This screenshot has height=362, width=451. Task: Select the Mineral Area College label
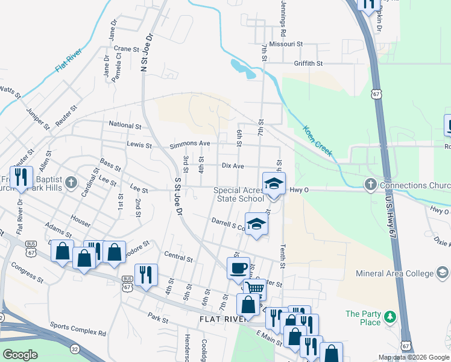402,273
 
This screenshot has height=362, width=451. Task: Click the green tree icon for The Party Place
389,316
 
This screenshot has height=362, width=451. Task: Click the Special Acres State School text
239,194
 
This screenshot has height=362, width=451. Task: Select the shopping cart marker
255,289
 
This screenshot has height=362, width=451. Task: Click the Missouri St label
286,44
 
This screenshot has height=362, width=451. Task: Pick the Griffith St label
308,63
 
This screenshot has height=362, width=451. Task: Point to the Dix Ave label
233,165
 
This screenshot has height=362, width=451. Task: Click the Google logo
20,354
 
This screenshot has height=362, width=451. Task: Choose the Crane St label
127,49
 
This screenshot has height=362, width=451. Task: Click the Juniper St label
38,118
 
